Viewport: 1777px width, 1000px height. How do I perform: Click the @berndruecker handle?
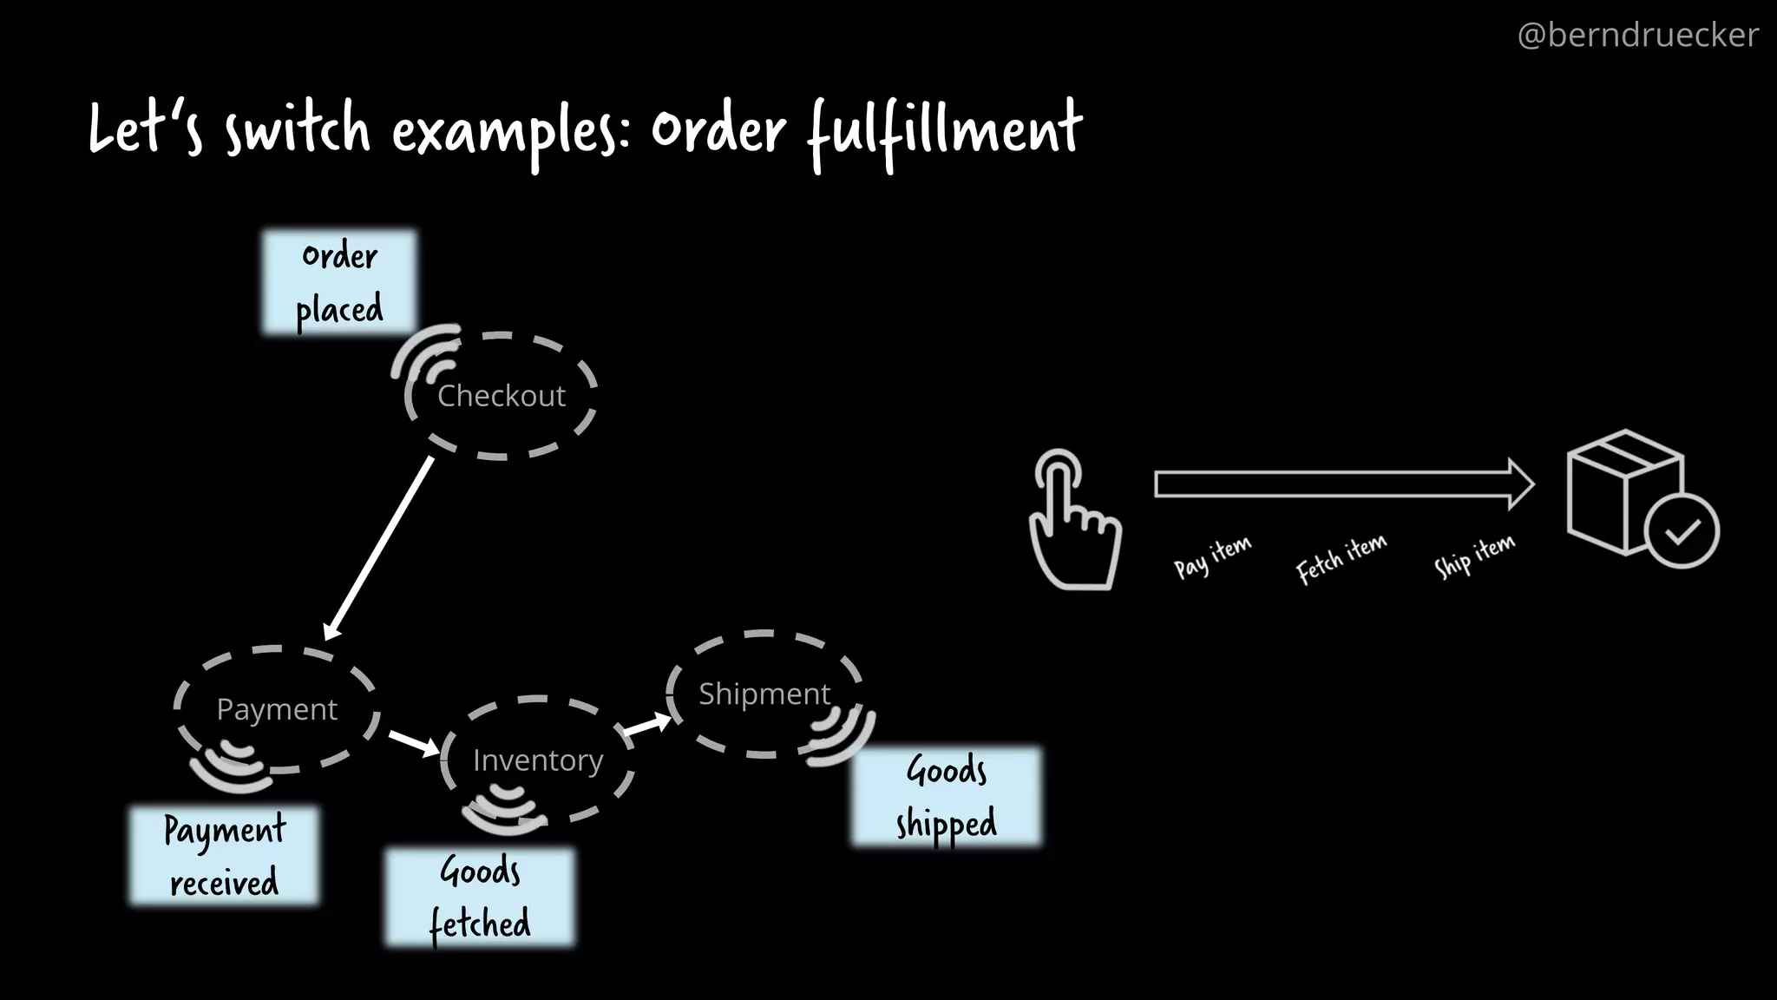[1637, 36]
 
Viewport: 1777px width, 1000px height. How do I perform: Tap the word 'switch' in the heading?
[298, 130]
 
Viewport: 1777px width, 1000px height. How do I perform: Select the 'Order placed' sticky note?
[339, 282]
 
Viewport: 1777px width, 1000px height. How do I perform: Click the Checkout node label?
[502, 396]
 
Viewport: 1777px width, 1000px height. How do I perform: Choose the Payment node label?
[277, 710]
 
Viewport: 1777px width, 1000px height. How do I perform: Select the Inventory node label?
[538, 760]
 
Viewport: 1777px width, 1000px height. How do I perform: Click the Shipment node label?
[764, 694]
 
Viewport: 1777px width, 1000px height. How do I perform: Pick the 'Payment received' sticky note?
[224, 856]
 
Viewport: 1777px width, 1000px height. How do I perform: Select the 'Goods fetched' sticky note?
[480, 898]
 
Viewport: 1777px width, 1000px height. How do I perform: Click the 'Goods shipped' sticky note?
[947, 796]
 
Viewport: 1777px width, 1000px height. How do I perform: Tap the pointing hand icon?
[1073, 521]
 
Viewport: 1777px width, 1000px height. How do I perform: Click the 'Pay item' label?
[1212, 556]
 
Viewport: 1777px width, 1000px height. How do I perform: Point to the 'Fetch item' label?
[1341, 558]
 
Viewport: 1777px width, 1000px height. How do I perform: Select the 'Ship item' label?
[1474, 556]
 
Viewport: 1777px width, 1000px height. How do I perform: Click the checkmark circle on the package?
[1682, 531]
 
